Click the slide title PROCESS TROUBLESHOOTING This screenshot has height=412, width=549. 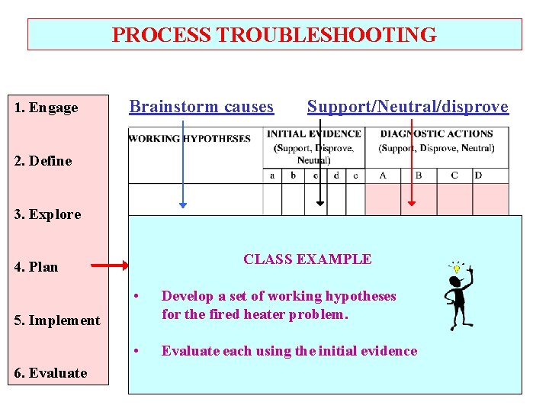[x=274, y=35]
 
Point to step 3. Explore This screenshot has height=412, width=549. [x=47, y=214]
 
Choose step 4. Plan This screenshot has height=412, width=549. [x=36, y=267]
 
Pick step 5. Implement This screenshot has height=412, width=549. [x=56, y=320]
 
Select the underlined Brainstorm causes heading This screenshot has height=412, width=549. [x=201, y=107]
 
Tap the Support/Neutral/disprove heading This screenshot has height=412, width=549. [x=407, y=107]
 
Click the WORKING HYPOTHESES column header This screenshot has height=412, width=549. [x=190, y=139]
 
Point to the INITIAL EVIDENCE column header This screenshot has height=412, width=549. [x=313, y=134]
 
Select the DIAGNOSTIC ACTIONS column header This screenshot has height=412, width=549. [x=437, y=134]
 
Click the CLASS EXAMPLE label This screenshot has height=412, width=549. [x=307, y=259]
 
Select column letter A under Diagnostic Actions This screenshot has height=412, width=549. [x=383, y=175]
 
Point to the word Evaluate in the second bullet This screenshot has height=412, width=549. [x=188, y=351]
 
